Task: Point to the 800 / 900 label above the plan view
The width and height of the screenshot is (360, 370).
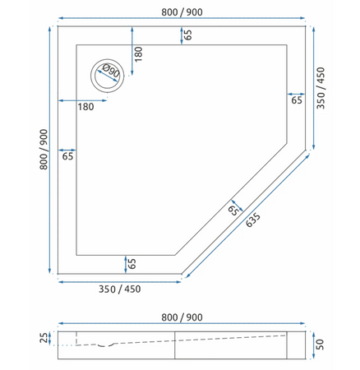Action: pos(182,12)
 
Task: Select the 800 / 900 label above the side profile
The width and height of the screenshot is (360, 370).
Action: pos(182,317)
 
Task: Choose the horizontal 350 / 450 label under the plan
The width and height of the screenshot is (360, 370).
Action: pos(120,289)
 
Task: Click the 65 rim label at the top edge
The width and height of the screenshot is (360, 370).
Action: pos(188,35)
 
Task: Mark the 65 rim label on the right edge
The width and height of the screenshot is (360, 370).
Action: pos(296,99)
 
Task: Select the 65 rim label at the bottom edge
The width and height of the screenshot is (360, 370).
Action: pos(131,264)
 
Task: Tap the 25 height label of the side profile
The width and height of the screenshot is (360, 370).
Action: pos(44,336)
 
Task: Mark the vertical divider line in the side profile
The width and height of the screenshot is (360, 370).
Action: pos(177,345)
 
